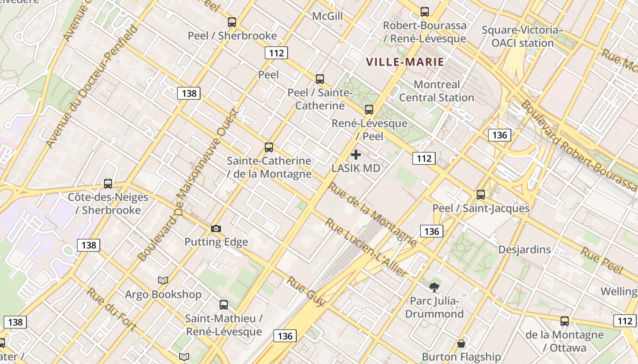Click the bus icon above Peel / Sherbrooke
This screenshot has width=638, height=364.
pos(232,22)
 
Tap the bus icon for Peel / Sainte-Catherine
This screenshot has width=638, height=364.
pos(320,79)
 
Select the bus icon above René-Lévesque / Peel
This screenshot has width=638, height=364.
pos(369,109)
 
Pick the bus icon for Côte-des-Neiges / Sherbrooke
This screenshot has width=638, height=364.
pos(108,183)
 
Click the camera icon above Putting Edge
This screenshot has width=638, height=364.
pos(216,228)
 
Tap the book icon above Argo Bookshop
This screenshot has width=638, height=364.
pos(163,280)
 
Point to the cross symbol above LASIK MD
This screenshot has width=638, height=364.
pos(356,155)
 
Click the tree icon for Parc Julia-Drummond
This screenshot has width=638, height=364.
pos(434,287)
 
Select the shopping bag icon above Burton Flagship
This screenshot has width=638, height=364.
pos(461,343)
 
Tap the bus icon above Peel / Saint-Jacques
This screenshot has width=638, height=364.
pos(481,195)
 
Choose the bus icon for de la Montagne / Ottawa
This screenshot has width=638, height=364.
pos(565,321)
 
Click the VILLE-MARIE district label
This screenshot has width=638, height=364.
pos(405,62)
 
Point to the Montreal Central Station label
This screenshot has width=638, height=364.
pos(437,91)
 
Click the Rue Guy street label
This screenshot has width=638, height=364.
pos(306,292)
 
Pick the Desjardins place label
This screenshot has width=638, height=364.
pos(524,249)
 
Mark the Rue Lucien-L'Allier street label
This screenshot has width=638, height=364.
pos(365,248)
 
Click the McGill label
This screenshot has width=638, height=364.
pos(327,16)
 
